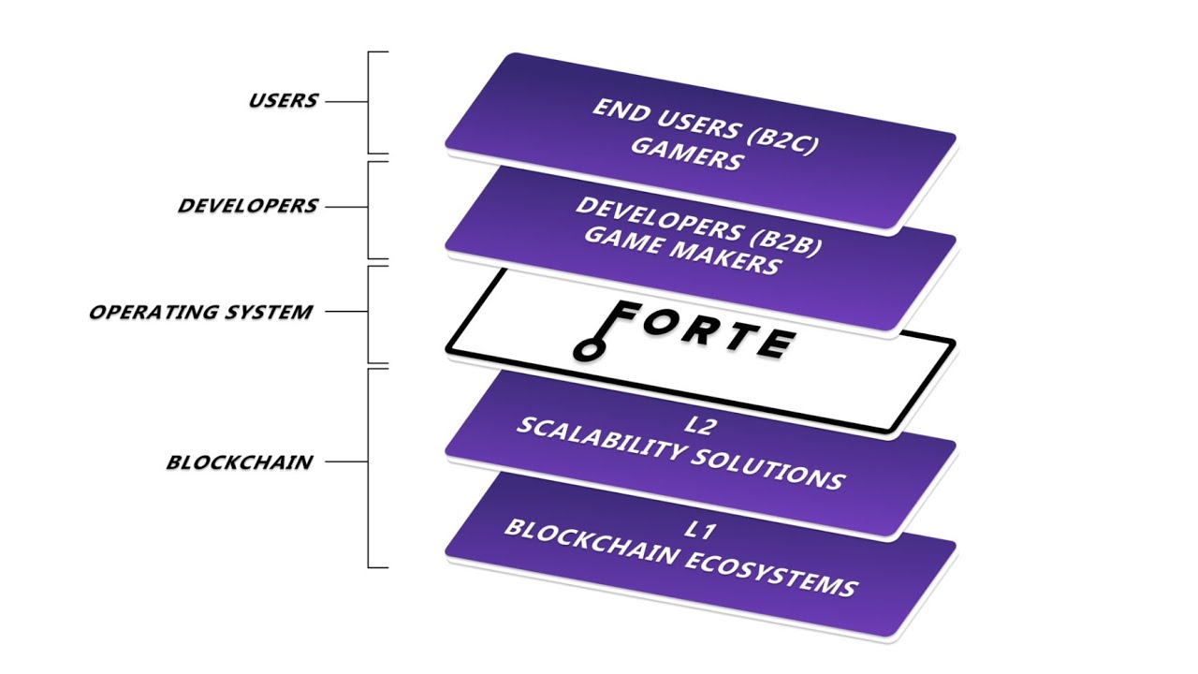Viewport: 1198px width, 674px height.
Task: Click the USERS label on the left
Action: tap(283, 100)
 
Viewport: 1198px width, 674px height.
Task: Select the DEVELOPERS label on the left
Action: tap(247, 206)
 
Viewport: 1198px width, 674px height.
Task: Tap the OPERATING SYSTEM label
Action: tap(200, 312)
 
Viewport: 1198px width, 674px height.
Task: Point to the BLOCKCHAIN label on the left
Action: tap(239, 462)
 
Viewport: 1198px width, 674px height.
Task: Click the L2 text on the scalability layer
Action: tap(699, 427)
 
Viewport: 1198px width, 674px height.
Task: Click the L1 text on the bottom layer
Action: tap(699, 531)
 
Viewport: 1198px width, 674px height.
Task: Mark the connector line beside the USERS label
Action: tap(345, 101)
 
